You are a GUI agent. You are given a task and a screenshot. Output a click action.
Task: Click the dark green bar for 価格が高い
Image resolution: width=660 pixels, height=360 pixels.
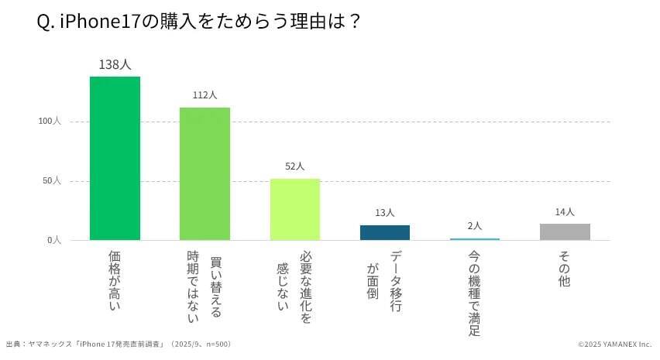[115, 158]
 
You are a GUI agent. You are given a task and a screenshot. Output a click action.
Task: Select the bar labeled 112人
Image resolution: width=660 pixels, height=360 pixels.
[205, 173]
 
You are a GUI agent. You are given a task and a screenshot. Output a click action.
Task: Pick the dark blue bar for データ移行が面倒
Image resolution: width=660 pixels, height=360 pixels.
[385, 232]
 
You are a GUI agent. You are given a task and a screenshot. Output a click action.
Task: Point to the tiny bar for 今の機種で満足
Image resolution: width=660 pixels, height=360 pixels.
[475, 239]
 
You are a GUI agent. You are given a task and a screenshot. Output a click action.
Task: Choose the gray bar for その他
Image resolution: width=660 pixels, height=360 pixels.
[565, 231]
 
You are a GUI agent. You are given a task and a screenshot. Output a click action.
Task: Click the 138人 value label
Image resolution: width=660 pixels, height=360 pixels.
[115, 65]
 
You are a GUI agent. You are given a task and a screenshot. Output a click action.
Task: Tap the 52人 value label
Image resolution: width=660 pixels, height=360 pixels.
[295, 166]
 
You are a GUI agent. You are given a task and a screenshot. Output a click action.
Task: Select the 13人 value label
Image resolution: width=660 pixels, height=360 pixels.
[385, 213]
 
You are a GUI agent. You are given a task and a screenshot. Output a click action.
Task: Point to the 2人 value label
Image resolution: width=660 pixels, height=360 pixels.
[475, 226]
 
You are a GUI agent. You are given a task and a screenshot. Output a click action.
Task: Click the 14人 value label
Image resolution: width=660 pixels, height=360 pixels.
[565, 211]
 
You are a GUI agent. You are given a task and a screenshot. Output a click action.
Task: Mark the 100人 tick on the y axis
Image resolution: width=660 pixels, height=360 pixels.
[50, 122]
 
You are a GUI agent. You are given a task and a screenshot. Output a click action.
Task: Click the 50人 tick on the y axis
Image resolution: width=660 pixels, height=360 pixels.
[52, 181]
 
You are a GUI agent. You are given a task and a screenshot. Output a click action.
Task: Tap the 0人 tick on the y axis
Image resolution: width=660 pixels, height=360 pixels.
[54, 240]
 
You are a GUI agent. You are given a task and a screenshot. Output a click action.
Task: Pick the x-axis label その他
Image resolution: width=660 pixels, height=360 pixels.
[565, 269]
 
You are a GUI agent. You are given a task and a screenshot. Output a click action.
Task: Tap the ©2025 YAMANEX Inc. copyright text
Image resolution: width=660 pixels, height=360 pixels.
[614, 344]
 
